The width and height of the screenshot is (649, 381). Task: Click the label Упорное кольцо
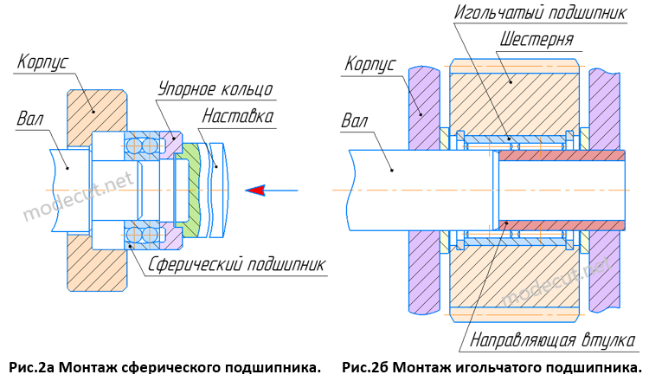coord(215,88)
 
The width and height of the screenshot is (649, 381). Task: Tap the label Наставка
coord(238,115)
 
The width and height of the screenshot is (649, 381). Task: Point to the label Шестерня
coord(537,40)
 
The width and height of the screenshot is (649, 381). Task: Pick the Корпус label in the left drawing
coord(42,61)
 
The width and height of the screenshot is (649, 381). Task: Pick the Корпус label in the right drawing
coord(369,64)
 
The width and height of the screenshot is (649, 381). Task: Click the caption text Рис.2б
coord(366,367)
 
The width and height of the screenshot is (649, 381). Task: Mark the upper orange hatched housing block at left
coord(95,108)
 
